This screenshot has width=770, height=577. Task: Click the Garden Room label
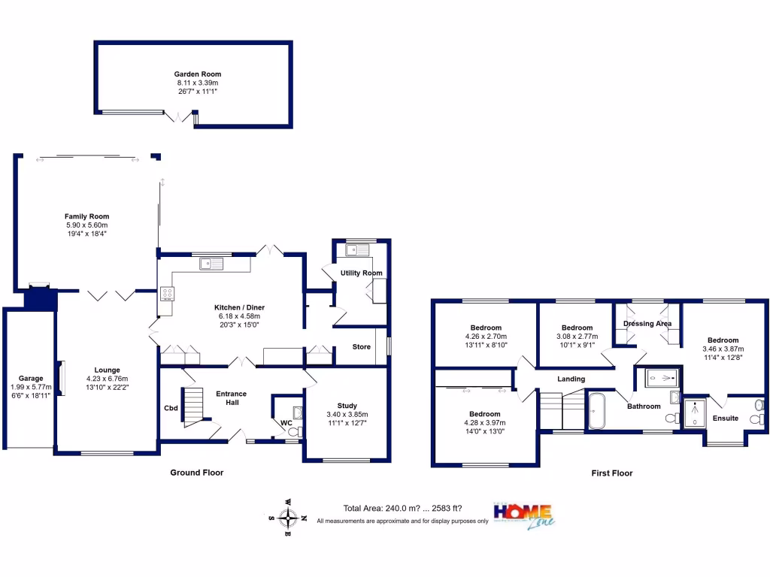pos(198,74)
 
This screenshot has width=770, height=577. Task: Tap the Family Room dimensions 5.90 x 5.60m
pos(87,225)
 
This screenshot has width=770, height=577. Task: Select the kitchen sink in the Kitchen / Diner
pos(211,264)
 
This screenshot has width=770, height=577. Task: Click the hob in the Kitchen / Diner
pos(167,294)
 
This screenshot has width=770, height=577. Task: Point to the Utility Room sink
pos(357,250)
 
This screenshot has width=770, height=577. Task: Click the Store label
pos(362,347)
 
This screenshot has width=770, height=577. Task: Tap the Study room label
pos(347,406)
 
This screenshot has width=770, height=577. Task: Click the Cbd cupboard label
pos(171,408)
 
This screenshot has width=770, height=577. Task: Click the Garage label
pos(31,379)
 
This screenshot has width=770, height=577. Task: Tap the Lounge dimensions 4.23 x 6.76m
pos(107,379)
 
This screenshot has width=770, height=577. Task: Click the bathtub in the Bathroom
pos(596,411)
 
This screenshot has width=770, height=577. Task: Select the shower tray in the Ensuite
pos(695,412)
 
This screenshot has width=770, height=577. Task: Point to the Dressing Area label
pos(647,324)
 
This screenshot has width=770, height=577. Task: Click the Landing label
pos(571,379)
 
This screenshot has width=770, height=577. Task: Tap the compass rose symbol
pos(288,518)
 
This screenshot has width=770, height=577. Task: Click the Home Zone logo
pos(524,516)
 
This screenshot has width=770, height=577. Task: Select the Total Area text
pos(403,509)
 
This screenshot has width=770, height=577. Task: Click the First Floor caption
pos(612,473)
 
